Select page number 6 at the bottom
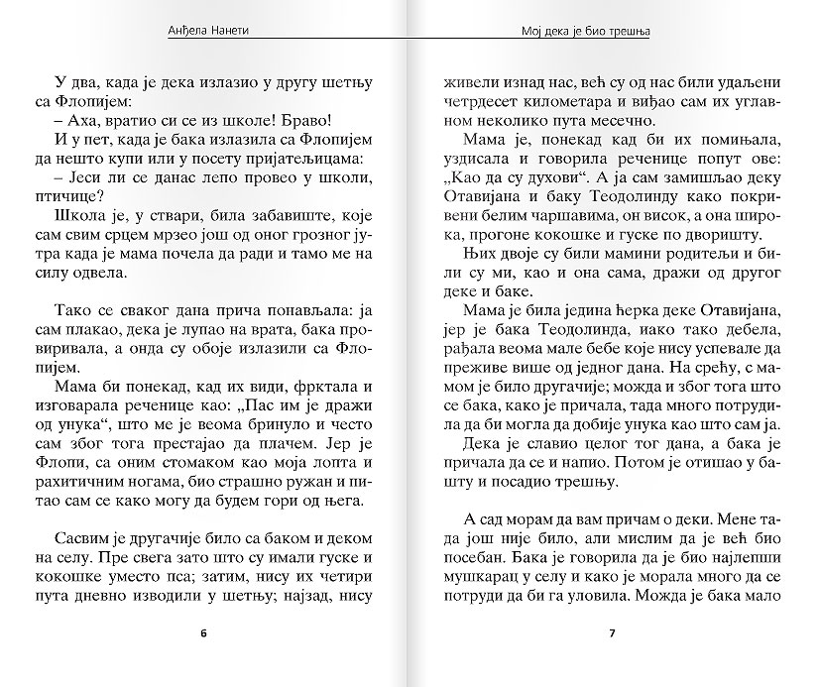[204, 632]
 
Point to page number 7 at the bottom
[612, 632]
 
